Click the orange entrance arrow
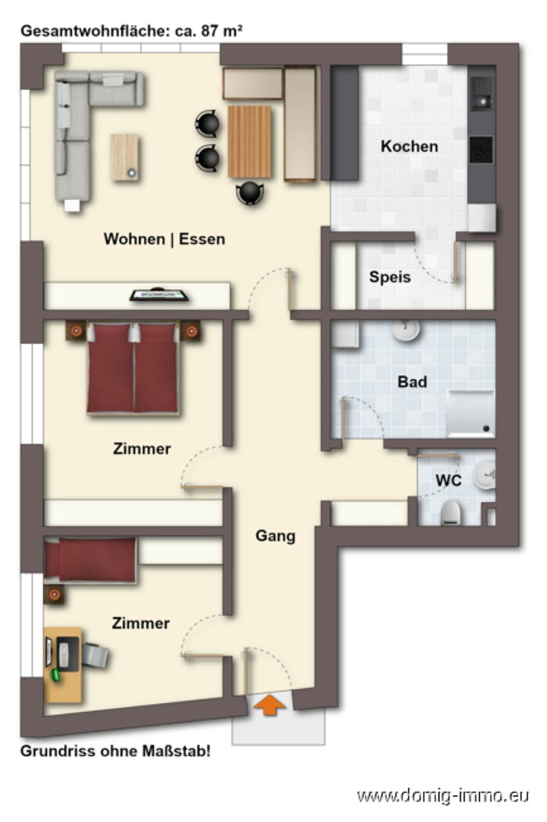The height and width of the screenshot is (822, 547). [x=270, y=705]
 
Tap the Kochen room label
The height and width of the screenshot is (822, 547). [x=409, y=146]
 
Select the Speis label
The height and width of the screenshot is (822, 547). [x=390, y=277]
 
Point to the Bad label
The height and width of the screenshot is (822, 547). [x=413, y=382]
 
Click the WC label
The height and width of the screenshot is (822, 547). [x=449, y=480]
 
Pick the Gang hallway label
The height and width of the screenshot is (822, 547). [x=276, y=536]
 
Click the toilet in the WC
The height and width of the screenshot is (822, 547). [x=450, y=512]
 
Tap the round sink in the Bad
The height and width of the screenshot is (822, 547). [x=406, y=330]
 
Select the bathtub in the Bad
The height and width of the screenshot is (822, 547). [x=470, y=414]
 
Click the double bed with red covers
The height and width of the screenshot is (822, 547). [x=133, y=368]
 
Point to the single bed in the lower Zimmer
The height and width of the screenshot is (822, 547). [x=90, y=560]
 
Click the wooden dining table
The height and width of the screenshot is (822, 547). [x=249, y=142]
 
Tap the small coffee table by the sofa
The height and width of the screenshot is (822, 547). [x=125, y=157]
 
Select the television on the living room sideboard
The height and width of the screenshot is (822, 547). [x=159, y=295]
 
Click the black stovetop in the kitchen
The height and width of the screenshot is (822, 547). [x=481, y=150]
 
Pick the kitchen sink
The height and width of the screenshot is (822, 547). [x=481, y=93]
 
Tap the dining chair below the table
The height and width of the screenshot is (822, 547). [x=250, y=193]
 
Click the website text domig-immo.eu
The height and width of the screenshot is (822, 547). [x=443, y=795]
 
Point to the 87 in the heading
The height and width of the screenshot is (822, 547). [x=209, y=31]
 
